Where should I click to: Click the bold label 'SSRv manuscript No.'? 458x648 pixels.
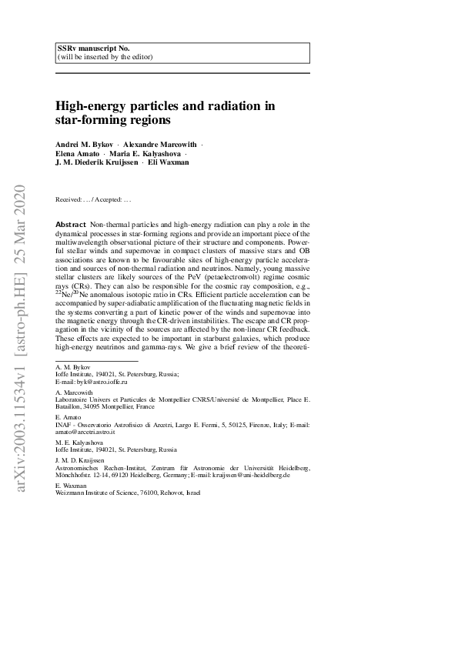pyautogui.click(x=87, y=48)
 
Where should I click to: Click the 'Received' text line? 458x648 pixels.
pyautogui.click(x=94, y=200)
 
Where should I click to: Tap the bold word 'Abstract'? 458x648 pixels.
pyautogui.click(x=71, y=222)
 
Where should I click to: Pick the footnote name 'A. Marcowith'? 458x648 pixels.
pyautogui.click(x=74, y=390)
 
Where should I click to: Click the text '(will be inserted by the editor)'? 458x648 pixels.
pyautogui.click(x=105, y=57)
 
